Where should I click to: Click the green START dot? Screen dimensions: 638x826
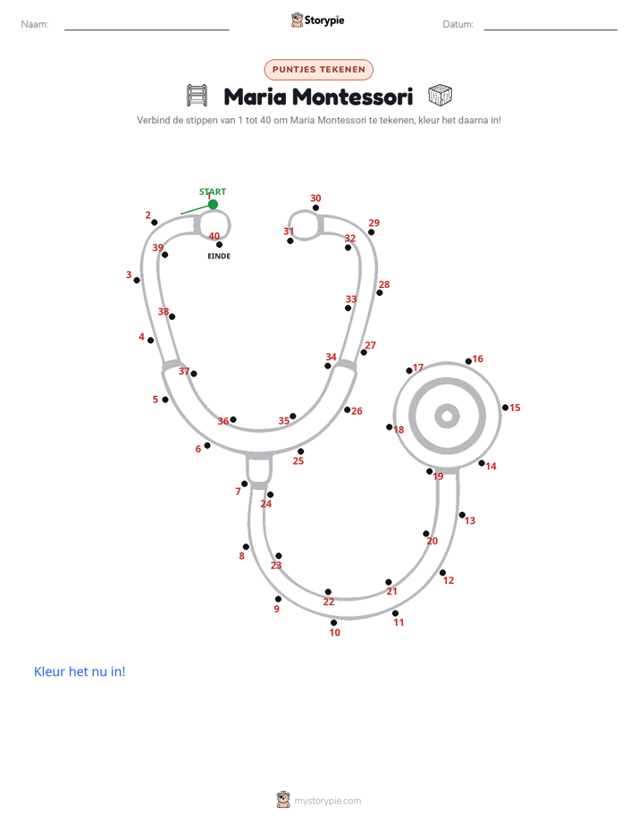213,205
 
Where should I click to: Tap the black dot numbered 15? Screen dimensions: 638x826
506,408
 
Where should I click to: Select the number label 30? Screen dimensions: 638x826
315,198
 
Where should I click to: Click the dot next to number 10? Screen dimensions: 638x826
333,623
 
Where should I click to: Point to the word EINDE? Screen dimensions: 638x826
219,256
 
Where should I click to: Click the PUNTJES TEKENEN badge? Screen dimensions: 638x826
318,70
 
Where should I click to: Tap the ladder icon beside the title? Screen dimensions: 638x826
197,96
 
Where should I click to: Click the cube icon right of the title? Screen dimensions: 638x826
440,96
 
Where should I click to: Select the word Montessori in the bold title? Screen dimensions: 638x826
352,97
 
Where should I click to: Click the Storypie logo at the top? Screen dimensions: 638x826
318,20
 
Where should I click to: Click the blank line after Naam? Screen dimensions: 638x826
147,29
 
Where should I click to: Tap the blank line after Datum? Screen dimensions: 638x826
550,29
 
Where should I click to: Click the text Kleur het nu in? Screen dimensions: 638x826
80,671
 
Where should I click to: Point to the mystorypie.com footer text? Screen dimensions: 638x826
327,801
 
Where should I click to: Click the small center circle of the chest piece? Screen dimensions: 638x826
448,417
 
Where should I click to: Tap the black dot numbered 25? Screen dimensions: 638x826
300,451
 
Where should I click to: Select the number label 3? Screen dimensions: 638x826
129,274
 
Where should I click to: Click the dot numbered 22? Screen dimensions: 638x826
328,592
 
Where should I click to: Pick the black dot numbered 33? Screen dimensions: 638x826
348,308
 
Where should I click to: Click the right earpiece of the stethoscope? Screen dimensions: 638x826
305,225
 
